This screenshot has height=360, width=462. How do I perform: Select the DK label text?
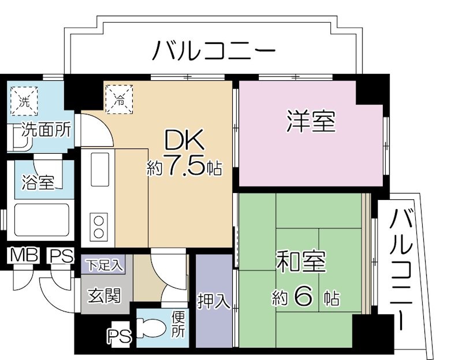[x=184, y=140]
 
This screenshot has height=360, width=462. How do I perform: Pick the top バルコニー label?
[x=213, y=51]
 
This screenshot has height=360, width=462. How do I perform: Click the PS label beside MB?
[x=59, y=255]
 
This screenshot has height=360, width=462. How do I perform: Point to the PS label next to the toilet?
[x=120, y=336]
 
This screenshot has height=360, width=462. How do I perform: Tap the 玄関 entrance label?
[x=104, y=296]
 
